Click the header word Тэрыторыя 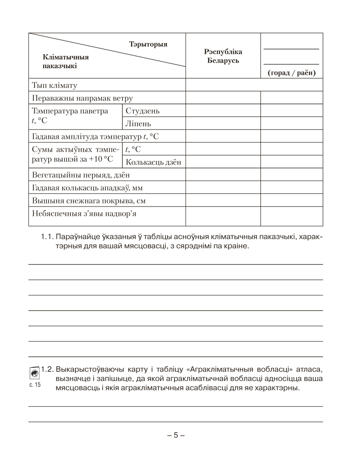pos(148,44)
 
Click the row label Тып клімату pos(55,85)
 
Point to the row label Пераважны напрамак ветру pos(82,98)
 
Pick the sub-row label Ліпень pos(138,124)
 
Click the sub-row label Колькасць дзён pos(153,162)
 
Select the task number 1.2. pos(48,369)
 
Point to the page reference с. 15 pos(34,385)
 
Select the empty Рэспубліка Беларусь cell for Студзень pos(223,111)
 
